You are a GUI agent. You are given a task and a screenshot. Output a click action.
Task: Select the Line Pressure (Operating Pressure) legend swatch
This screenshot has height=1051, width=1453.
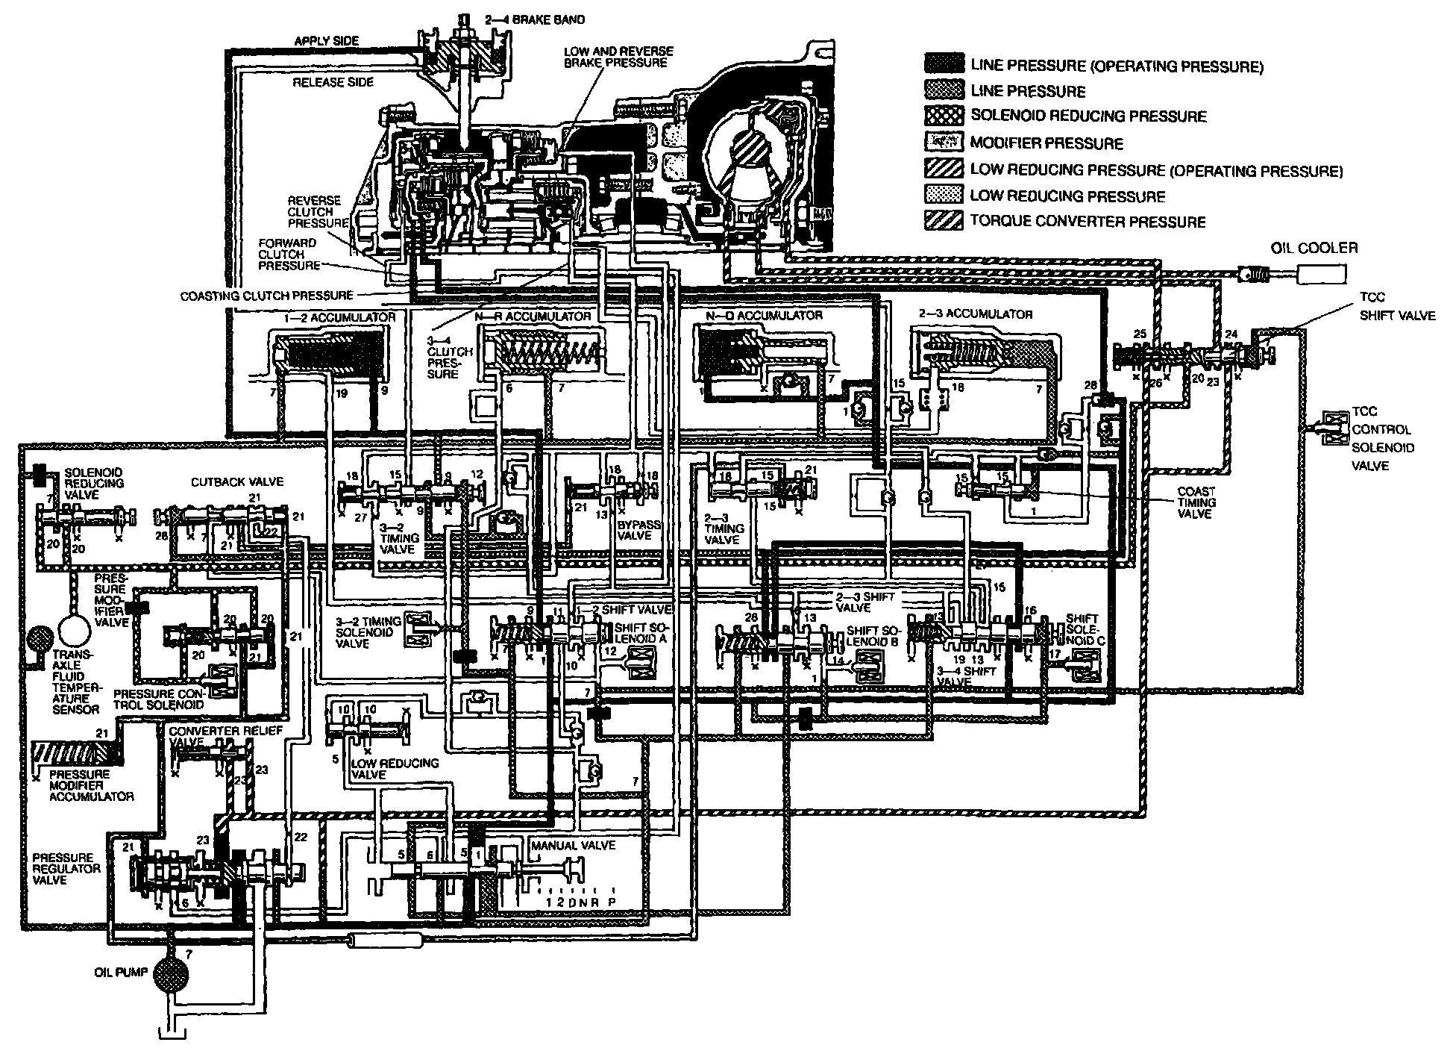[x=944, y=65]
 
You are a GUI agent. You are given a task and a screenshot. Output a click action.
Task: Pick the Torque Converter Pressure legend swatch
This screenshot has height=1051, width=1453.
[x=944, y=221]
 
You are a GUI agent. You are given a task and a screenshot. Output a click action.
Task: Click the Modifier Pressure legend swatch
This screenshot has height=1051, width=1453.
[x=944, y=142]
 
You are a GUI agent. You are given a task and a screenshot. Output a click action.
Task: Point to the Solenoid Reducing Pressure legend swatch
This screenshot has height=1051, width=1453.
[x=944, y=116]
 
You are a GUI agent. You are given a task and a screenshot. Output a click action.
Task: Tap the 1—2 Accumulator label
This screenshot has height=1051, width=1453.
[x=339, y=318]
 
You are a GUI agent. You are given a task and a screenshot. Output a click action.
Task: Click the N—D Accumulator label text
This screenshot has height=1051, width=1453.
[x=764, y=315]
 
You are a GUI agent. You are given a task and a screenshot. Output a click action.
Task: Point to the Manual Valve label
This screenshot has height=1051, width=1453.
[x=572, y=845]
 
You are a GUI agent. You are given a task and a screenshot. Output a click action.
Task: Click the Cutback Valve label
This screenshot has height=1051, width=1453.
[x=227, y=482]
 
